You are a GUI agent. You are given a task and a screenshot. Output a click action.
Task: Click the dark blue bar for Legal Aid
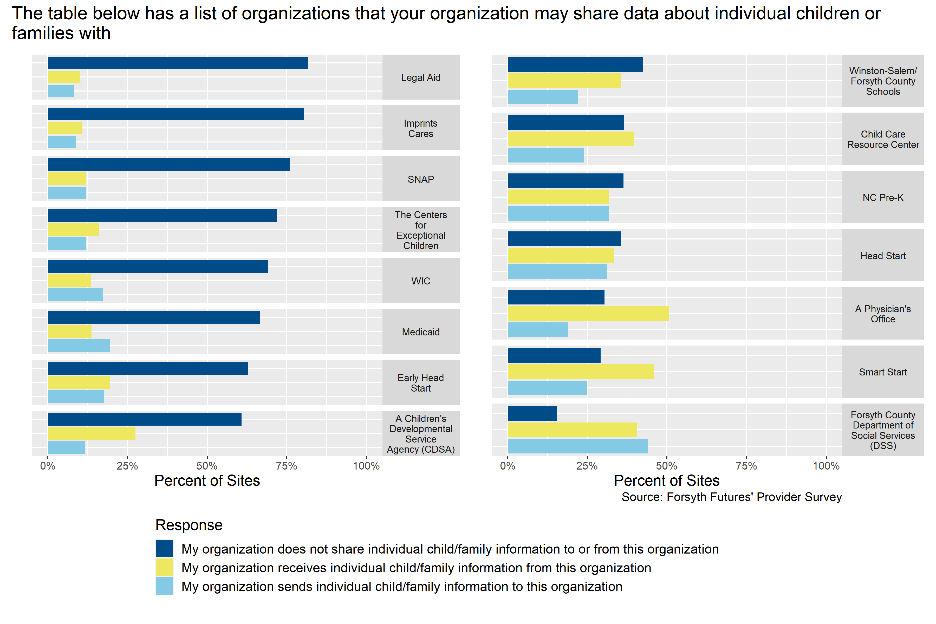coord(178,63)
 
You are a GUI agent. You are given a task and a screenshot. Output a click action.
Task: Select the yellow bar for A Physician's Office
coord(588,313)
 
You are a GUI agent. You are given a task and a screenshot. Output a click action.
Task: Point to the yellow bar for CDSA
coord(92,433)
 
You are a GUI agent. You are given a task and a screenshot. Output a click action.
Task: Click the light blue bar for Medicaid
coord(79,346)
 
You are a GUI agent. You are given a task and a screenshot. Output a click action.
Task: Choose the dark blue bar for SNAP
coord(169,165)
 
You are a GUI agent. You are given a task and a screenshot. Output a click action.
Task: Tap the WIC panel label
coord(421,281)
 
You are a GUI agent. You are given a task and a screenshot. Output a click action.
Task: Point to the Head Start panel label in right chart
coord(883,256)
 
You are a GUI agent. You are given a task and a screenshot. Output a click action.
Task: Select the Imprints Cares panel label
coord(421,128)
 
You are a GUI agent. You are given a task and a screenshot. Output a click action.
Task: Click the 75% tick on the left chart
coord(287,466)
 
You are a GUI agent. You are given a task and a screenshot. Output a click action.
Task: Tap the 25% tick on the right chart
coord(587,466)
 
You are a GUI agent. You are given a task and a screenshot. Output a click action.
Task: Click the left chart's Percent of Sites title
coord(207,481)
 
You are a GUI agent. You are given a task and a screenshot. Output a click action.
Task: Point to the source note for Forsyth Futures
coord(731,497)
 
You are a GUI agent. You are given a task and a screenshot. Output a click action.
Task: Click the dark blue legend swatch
coord(164,548)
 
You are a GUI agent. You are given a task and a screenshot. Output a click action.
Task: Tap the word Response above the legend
coord(189,525)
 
